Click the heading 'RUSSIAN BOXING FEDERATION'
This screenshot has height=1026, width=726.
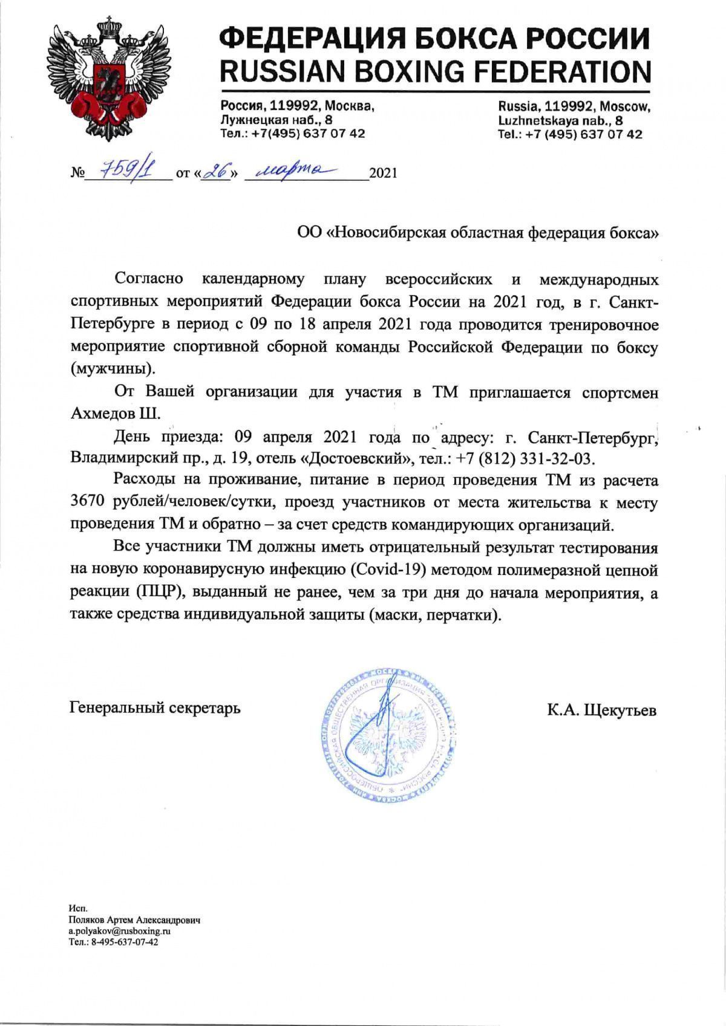coord(435,71)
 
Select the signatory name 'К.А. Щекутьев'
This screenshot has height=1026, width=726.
coord(601,710)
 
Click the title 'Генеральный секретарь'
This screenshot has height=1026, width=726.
coord(155,707)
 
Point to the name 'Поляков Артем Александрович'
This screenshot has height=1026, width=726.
coord(134,920)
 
